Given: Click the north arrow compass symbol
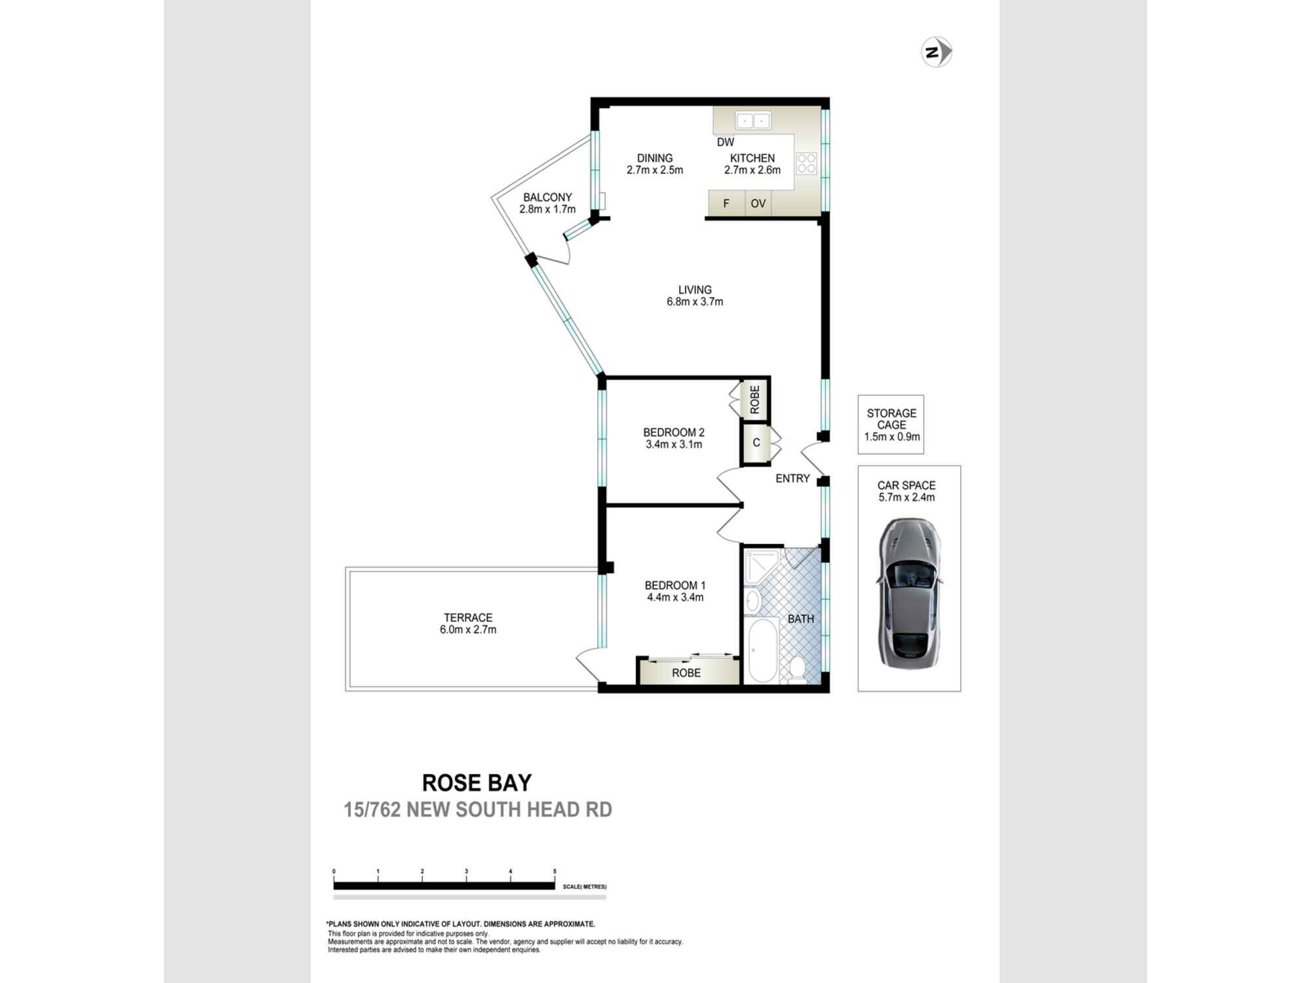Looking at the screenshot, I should point(937,52).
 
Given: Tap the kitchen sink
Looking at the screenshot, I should point(753,121).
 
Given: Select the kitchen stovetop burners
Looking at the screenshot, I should point(807,163).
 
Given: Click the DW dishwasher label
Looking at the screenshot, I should point(725,142).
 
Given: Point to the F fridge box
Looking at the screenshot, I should point(726,203).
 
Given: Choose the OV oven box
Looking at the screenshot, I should point(758,203).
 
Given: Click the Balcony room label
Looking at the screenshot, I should point(547,197).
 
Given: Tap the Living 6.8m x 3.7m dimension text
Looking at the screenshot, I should point(695,302).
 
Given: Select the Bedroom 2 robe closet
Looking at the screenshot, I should point(754,399).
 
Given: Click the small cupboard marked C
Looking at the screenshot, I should point(756,443).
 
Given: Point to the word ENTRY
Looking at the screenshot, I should point(792,478).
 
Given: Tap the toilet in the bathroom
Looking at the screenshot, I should point(797,668).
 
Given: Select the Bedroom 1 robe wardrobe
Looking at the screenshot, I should point(686,672).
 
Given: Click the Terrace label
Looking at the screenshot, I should point(467,617).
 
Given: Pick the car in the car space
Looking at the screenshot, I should point(909,593).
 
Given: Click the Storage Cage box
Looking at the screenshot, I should point(891,425).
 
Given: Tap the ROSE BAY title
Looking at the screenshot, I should point(477,782).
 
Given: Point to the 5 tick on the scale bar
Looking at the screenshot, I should point(555,872).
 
